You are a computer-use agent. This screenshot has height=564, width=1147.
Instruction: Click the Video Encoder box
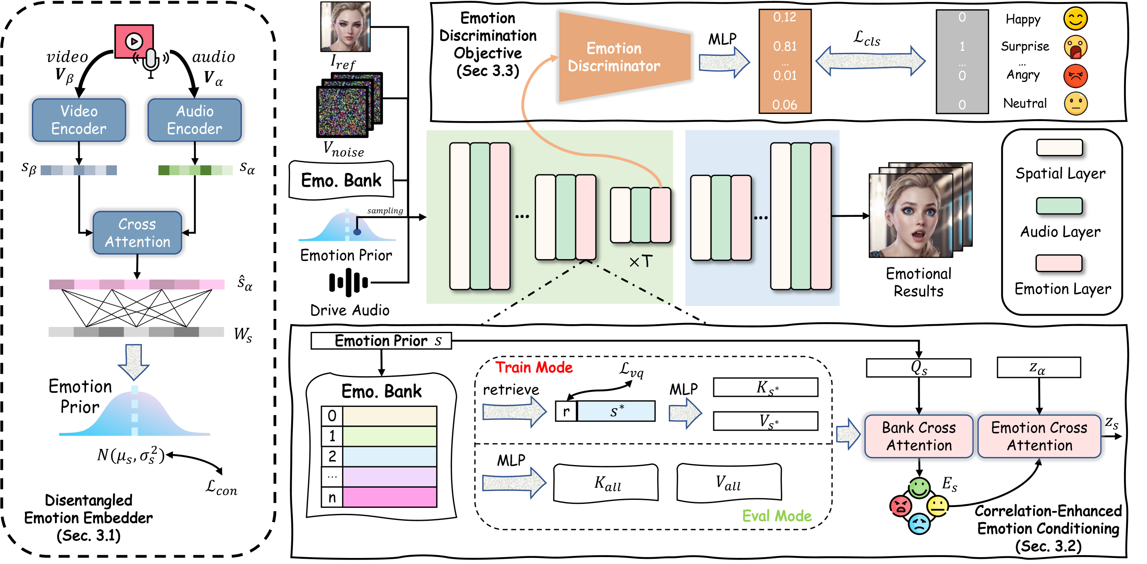[x=79, y=120]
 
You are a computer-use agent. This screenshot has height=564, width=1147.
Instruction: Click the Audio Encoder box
[x=195, y=120]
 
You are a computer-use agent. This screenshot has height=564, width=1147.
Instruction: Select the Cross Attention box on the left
[x=137, y=233]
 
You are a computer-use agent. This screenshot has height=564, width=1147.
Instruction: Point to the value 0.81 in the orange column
[x=785, y=46]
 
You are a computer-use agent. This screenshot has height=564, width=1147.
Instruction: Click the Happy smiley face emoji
[x=1075, y=19]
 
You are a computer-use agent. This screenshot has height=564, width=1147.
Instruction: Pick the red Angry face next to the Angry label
[x=1075, y=75]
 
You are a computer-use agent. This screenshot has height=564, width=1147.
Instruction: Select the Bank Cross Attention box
[x=918, y=436]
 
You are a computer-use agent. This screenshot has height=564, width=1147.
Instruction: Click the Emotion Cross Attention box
[x=1039, y=436]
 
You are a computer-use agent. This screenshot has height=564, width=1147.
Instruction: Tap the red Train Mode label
[x=534, y=367]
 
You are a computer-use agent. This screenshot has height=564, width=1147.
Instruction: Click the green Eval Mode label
[x=777, y=516]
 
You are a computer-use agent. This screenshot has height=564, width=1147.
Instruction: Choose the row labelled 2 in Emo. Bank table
[x=378, y=456]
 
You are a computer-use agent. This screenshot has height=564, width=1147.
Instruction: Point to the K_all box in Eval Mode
[x=606, y=483]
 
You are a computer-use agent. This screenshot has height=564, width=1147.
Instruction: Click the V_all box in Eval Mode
[x=729, y=482]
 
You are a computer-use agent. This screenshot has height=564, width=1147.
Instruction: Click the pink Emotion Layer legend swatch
[x=1059, y=263]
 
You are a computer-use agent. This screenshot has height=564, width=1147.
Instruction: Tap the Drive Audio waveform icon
[x=348, y=282]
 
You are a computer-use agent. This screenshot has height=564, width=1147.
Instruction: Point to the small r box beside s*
[x=566, y=411]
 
